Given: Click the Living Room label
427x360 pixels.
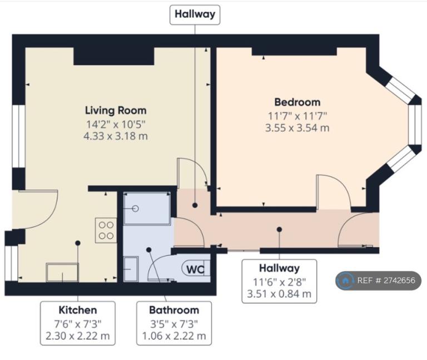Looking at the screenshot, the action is click(x=116, y=110).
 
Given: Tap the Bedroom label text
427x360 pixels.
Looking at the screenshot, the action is click(x=297, y=102).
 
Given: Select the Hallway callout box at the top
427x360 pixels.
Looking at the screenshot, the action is click(x=195, y=14).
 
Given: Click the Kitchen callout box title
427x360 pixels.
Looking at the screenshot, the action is click(x=78, y=310).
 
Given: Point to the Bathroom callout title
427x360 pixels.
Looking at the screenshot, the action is click(x=174, y=310).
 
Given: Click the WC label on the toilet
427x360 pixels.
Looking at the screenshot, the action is click(x=196, y=269).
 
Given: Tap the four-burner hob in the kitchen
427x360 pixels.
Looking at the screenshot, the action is click(x=106, y=230).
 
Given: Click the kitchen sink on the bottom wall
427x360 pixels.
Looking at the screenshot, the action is click(x=62, y=272).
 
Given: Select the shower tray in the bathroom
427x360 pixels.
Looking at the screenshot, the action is click(x=147, y=209).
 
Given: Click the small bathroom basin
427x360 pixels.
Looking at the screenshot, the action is click(x=131, y=269).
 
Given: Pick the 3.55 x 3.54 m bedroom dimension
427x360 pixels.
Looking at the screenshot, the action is click(x=297, y=128).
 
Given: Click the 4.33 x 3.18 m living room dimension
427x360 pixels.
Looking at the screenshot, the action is click(x=116, y=136).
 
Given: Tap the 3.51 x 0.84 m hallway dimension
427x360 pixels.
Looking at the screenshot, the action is click(x=279, y=294).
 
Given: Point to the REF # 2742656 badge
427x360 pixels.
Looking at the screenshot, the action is click(x=379, y=280).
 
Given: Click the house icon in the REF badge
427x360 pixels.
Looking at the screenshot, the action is click(x=345, y=280).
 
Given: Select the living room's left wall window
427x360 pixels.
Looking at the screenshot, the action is click(x=19, y=136).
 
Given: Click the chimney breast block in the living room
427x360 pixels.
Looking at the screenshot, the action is click(x=114, y=56).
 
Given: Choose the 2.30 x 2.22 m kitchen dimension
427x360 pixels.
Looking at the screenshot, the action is click(x=78, y=336).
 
